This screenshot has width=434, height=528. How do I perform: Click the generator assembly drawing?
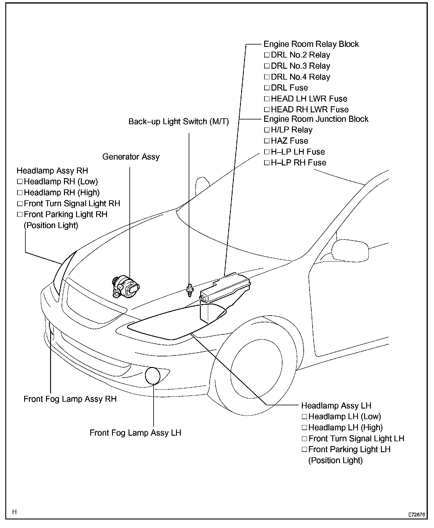(125, 287)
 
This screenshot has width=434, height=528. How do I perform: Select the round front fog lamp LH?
(153, 376)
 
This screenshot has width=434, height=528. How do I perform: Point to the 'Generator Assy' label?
(131, 157)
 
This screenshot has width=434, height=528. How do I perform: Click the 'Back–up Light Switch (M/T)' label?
(179, 122)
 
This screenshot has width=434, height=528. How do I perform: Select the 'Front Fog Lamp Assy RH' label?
(70, 399)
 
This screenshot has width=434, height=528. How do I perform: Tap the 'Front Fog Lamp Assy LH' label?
(135, 433)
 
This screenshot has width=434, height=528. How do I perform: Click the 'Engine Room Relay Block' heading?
(311, 44)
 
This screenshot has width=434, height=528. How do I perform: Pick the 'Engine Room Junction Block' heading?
(316, 119)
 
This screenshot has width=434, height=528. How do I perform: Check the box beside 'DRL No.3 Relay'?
(267, 66)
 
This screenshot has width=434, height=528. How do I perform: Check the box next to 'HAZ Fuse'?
(267, 141)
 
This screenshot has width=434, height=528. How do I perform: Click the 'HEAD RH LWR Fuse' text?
(310, 110)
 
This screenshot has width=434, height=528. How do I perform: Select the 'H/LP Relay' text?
(292, 130)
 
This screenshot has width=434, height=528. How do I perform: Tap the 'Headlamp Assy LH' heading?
(336, 406)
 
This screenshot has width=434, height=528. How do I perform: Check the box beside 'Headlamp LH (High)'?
(305, 428)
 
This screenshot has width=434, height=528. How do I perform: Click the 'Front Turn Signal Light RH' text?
(72, 204)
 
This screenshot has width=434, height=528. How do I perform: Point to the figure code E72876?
(416, 515)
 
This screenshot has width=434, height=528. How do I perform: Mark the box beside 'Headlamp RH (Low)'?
(20, 182)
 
